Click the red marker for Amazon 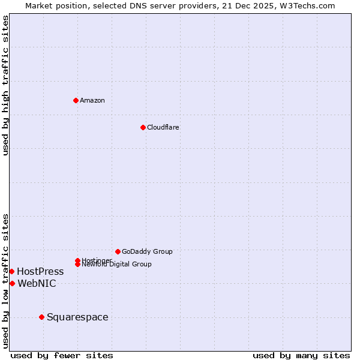pos(76,100)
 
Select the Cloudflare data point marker pos(143,127)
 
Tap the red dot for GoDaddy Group pos(118,251)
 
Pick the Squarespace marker pos(41,317)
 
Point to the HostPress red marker pos(11,272)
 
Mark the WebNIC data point pos(12,283)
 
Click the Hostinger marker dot pos(77,260)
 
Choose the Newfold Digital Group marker pos(77,264)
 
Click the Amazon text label pos(92,100)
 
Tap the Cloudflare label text pos(163,127)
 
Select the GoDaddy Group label pos(147,251)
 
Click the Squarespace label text pos(77,317)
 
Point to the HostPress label pos(40,272)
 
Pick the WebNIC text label pos(37,283)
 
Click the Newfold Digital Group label pos(116,264)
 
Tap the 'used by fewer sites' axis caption pos(62,356)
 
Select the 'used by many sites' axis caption pos(301,356)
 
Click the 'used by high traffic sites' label pos(5,85)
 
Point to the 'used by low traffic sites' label pos(5,281)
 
